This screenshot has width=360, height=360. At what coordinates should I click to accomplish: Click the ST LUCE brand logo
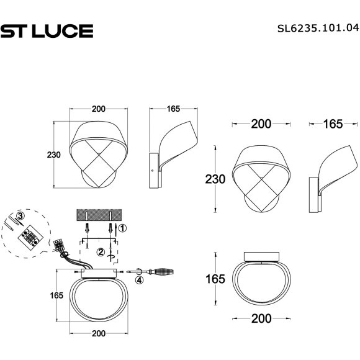(x=47, y=30)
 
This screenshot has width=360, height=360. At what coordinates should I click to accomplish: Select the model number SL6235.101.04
(x=317, y=28)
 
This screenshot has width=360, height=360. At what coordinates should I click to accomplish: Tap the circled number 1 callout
(x=122, y=228)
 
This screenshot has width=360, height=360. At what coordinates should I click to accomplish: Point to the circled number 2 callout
(x=101, y=251)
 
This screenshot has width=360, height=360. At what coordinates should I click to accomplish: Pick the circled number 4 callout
(x=139, y=281)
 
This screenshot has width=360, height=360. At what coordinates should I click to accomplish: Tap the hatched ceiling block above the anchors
(x=100, y=215)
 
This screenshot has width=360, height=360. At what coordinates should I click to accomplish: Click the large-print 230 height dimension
(x=215, y=180)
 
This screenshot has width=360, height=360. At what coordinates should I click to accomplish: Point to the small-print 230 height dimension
(x=53, y=155)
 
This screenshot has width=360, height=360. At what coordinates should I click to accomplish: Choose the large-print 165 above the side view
(x=333, y=124)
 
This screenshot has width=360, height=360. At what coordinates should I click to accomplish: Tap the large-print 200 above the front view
(x=261, y=124)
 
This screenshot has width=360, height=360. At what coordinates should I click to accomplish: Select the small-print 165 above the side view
(x=173, y=109)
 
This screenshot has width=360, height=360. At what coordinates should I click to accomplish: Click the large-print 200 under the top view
(x=261, y=319)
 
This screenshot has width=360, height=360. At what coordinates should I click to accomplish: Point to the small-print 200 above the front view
(x=98, y=109)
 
